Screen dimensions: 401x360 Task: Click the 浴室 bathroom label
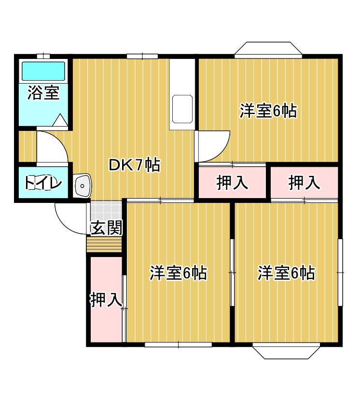[x=43, y=93]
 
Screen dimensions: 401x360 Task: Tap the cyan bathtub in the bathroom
[x=43, y=71]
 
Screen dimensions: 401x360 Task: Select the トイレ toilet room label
[x=43, y=184]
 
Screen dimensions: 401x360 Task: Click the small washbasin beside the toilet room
[x=83, y=186]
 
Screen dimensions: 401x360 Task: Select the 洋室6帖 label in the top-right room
[x=268, y=111]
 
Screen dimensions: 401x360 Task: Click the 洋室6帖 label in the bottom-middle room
[x=179, y=273]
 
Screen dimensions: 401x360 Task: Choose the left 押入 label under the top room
[x=232, y=183]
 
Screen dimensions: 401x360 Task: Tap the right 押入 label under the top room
[x=304, y=183]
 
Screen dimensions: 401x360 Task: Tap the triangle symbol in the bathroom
[x=60, y=120]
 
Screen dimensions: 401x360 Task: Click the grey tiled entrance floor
[x=106, y=210]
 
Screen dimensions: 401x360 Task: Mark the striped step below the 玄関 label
[x=104, y=245]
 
